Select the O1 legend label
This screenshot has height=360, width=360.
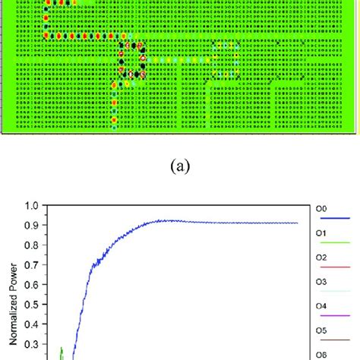pyautogui.click(x=321, y=232)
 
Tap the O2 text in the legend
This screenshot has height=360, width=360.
pyautogui.click(x=321, y=257)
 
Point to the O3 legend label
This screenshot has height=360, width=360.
pyautogui.click(x=321, y=282)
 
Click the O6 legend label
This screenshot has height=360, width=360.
pyautogui.click(x=321, y=355)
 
